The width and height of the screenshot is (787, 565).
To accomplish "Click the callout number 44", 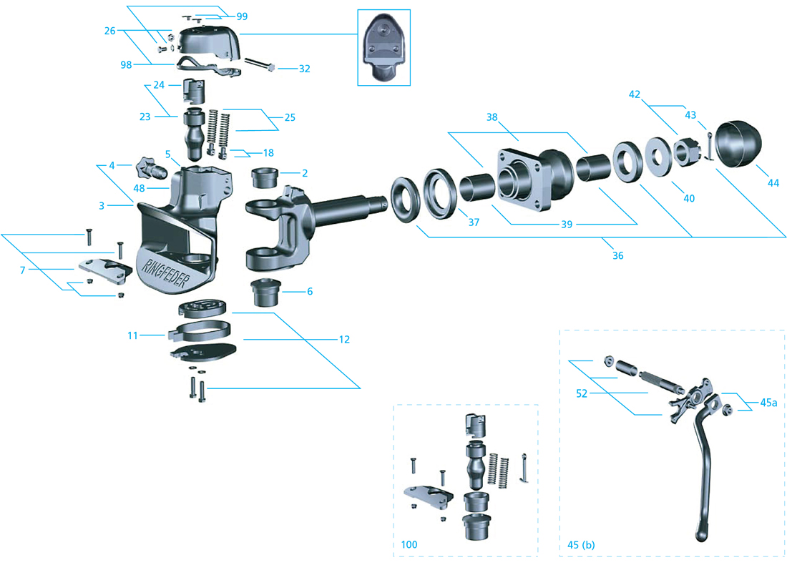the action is [x=773, y=183].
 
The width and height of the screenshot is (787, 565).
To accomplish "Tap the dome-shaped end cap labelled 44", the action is [x=738, y=144].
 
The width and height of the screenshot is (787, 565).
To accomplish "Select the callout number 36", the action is [x=618, y=255].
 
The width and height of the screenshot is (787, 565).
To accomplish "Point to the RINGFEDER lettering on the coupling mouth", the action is [x=165, y=274].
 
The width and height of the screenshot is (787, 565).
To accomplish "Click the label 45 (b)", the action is [x=581, y=544].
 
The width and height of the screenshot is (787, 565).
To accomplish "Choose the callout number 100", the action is [x=409, y=544].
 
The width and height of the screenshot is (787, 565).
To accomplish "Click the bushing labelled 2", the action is [x=265, y=178].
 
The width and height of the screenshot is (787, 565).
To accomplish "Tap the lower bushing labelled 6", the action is [x=265, y=293].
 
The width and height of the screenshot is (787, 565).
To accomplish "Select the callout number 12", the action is [x=344, y=339].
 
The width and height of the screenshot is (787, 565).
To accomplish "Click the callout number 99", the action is [x=242, y=16].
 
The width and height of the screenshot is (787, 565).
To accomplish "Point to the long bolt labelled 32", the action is [x=260, y=64].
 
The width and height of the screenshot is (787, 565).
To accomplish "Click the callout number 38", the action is [x=492, y=117].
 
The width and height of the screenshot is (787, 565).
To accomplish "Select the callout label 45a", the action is [x=768, y=403].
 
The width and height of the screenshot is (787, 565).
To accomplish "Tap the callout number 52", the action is [x=582, y=393].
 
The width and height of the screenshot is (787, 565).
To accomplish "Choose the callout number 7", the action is [x=23, y=270].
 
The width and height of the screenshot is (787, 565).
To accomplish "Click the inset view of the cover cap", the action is [x=384, y=48].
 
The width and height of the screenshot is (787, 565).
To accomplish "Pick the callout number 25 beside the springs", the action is [x=290, y=117].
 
